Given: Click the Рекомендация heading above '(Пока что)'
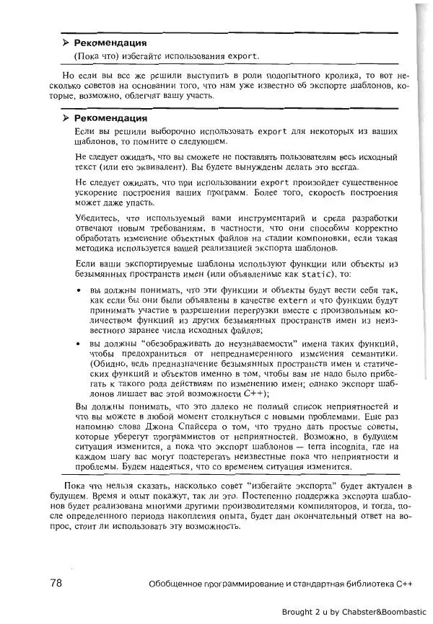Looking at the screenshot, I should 110,43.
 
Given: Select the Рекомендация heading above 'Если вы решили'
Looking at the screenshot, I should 110,117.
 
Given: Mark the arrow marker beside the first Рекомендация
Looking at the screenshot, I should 66,43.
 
